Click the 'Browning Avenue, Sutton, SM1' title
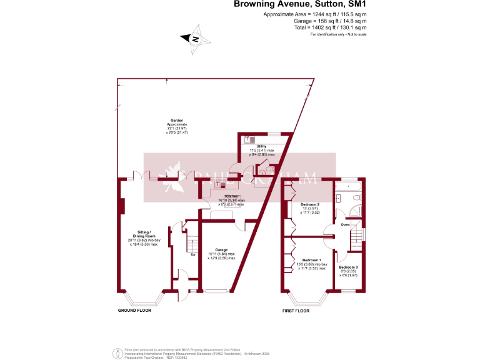coord(299,4)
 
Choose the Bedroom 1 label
coord(311,260)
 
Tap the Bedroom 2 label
coord(310,205)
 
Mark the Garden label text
coord(176,121)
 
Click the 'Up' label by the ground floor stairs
coord(192,254)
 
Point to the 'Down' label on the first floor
coord(344,224)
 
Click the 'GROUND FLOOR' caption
coord(134,310)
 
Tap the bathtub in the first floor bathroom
coord(349,186)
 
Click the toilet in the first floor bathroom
coord(356,199)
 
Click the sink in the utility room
coord(247,140)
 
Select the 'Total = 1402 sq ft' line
coord(330,27)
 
